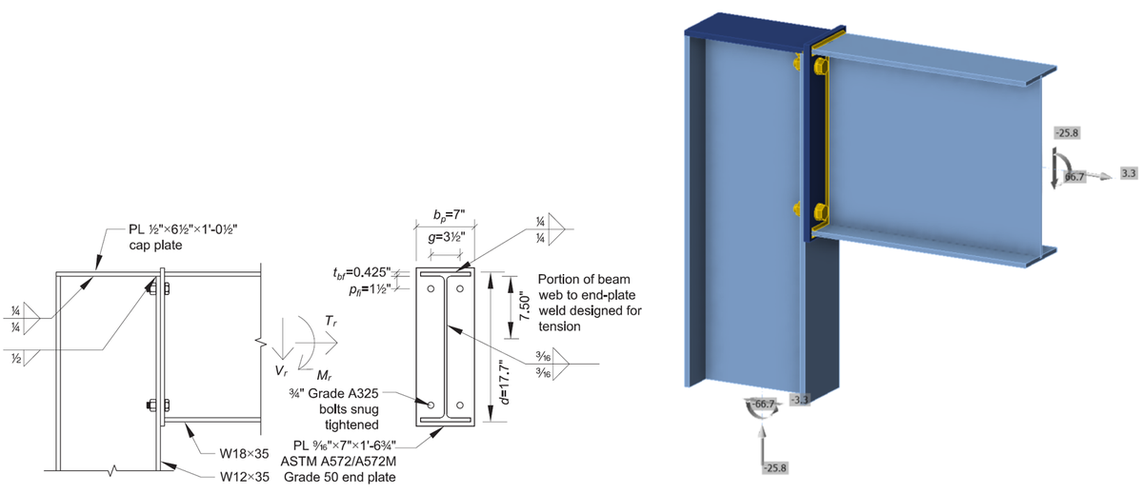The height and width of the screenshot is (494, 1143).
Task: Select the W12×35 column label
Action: pos(241,476)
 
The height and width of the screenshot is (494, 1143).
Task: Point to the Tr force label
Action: pos(330,323)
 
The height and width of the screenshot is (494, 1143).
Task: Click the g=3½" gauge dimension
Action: pos(438,237)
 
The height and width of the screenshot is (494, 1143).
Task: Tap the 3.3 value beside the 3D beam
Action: pos(1129,173)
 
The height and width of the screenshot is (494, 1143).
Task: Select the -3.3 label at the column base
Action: pos(799,400)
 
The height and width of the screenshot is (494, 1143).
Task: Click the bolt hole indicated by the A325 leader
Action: pos(431,405)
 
